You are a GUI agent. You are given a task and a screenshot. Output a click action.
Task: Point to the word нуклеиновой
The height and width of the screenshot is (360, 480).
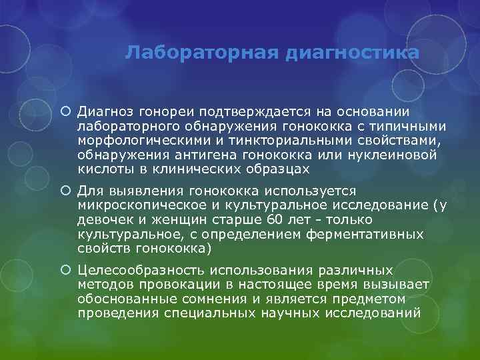(x=393, y=155)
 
